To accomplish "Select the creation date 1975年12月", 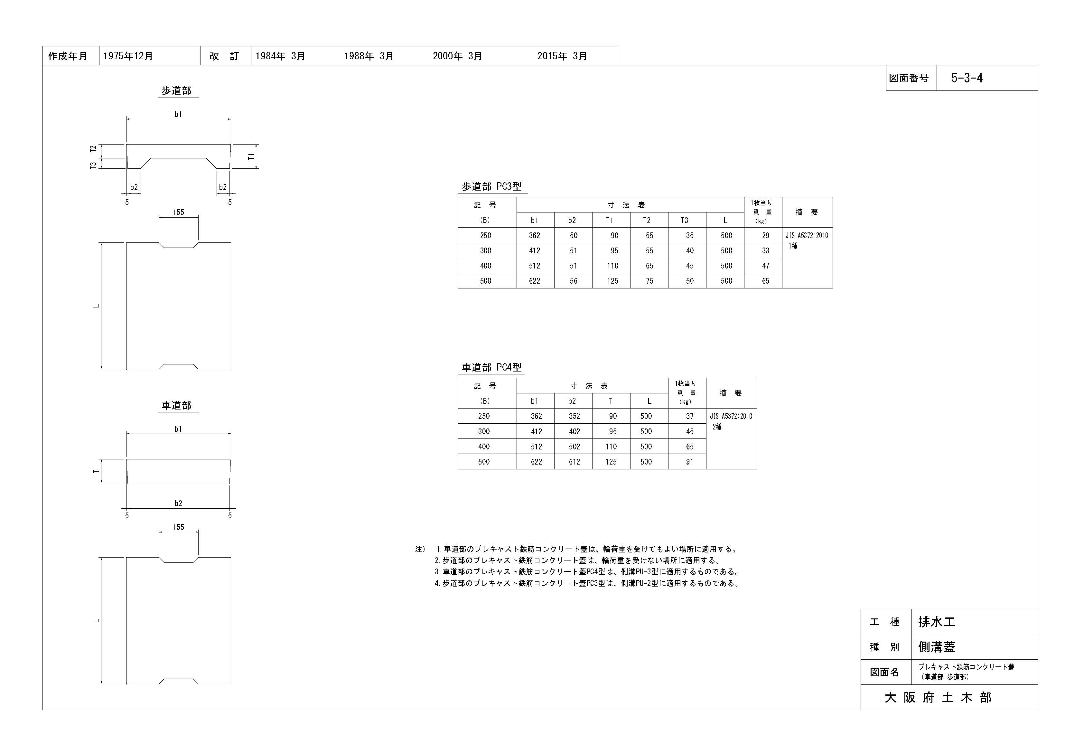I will click(x=128, y=56).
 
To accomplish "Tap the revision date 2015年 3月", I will click(x=562, y=56).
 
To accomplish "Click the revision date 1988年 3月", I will click(x=369, y=56).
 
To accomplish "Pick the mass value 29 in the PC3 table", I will click(x=765, y=236).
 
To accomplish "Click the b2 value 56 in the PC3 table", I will click(x=573, y=281).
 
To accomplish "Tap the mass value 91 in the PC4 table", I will click(x=689, y=462).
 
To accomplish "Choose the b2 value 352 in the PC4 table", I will click(x=574, y=416).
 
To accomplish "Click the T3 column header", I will click(x=684, y=221).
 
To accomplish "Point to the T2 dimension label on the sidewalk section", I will click(x=93, y=149).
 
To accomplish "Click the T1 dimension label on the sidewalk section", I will click(x=251, y=157).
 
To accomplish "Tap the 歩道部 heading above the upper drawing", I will click(x=176, y=91).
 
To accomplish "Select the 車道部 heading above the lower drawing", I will click(x=176, y=406).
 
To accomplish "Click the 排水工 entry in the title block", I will click(x=937, y=622).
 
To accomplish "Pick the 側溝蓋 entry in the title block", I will click(x=937, y=647).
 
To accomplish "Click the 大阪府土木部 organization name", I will click(x=938, y=697).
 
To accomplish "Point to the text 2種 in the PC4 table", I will click(x=717, y=427).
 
